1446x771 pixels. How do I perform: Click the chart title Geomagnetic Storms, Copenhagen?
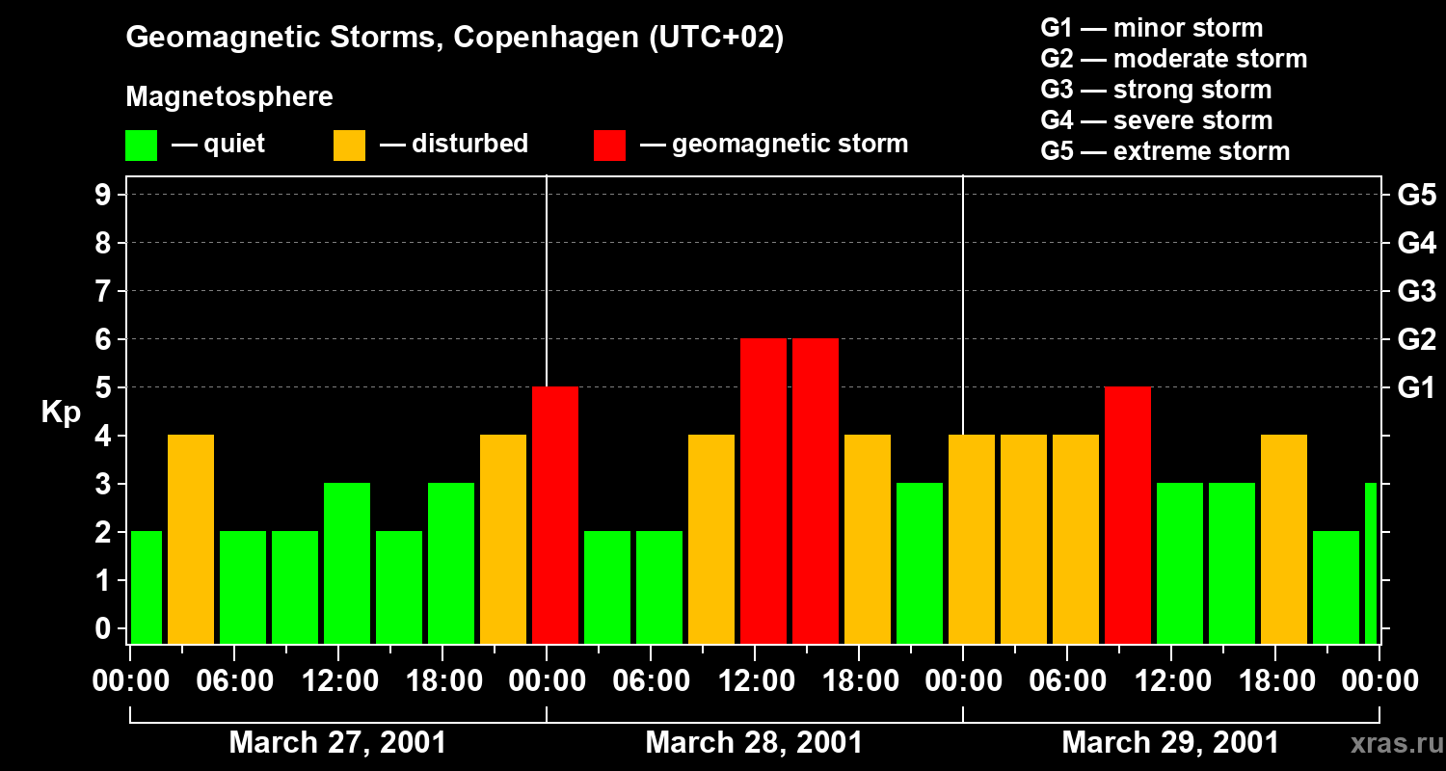[x=454, y=38]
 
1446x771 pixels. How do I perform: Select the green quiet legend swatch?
[x=141, y=145]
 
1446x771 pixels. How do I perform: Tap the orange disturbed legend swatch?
[x=349, y=145]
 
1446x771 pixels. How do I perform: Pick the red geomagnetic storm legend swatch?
[x=609, y=145]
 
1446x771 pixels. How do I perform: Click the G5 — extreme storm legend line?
[x=1165, y=151]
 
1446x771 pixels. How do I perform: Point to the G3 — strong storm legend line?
[x=1156, y=90]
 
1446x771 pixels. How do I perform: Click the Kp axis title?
[x=61, y=412]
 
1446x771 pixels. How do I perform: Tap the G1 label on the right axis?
[x=1416, y=387]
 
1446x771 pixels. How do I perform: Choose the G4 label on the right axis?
[x=1416, y=243]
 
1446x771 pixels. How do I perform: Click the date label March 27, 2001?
[x=337, y=743]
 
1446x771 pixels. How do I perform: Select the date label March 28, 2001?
[x=754, y=743]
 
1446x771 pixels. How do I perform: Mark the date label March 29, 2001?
[x=1170, y=743]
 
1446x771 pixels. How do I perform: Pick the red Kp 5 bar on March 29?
[x=1128, y=515]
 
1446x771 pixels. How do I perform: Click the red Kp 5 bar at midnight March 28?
[x=555, y=515]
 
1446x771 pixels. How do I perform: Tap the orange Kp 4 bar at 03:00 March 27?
[x=191, y=539]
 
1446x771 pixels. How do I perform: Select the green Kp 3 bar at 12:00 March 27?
[x=347, y=563]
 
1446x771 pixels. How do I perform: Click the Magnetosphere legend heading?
[x=229, y=97]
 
